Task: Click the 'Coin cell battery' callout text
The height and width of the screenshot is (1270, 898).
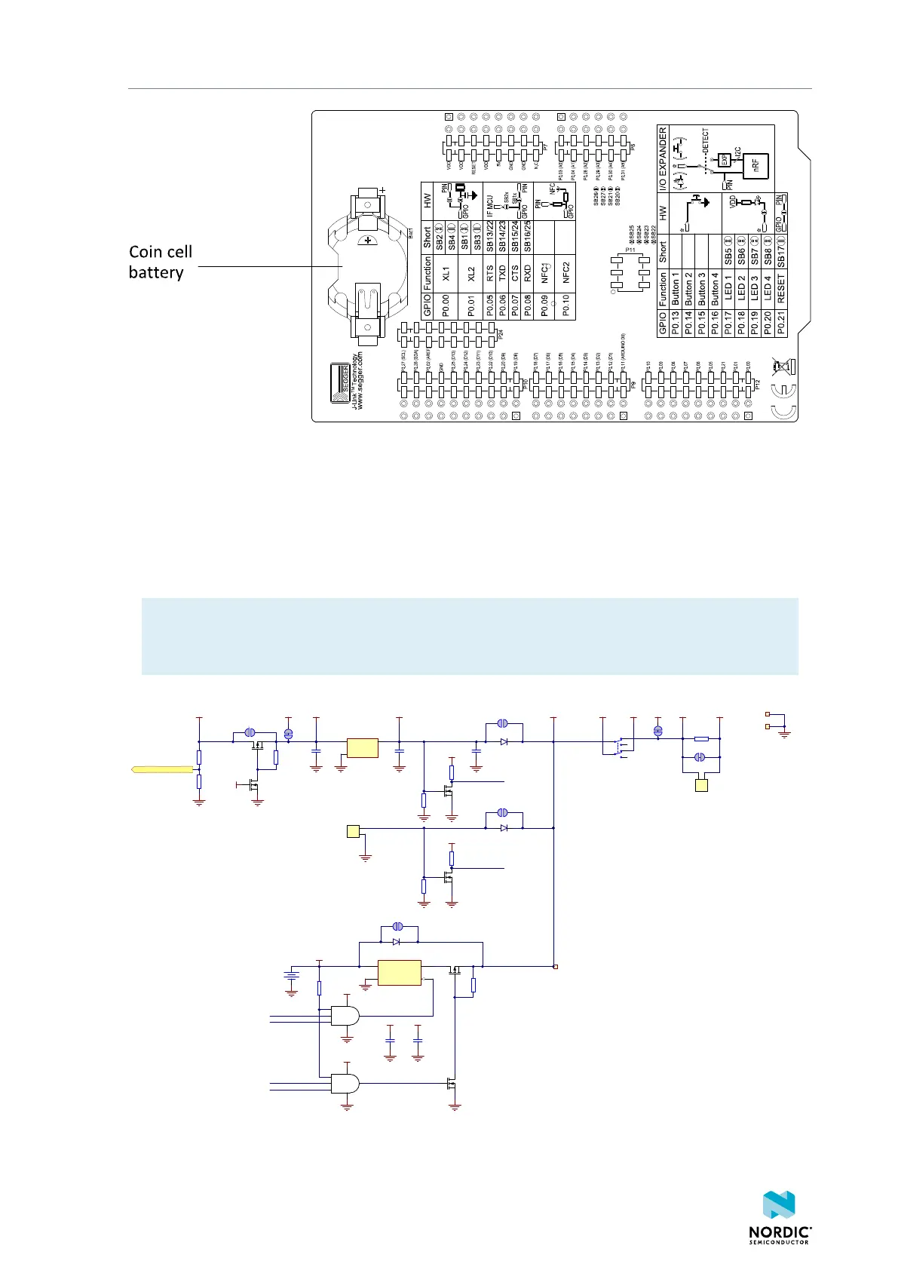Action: click(160, 262)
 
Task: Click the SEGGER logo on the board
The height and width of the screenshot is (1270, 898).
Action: click(340, 382)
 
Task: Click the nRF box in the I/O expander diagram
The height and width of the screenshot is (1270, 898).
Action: click(755, 164)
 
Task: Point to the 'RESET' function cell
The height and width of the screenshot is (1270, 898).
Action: click(780, 289)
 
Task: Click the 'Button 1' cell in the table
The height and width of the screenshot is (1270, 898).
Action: click(676, 289)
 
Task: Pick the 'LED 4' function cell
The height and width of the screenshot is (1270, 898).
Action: click(768, 289)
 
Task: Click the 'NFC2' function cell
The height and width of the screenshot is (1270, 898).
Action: click(565, 272)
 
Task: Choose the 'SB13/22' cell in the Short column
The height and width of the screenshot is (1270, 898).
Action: click(490, 236)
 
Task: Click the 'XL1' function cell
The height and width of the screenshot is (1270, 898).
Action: click(446, 273)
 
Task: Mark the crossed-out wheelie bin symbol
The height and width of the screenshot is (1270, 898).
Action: click(785, 367)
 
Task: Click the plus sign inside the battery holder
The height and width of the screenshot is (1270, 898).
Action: click(369, 241)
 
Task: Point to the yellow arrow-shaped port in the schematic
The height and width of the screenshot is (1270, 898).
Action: click(162, 770)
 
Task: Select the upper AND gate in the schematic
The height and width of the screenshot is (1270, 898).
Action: click(345, 1015)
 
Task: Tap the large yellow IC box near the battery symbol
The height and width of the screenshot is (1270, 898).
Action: click(399, 973)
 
